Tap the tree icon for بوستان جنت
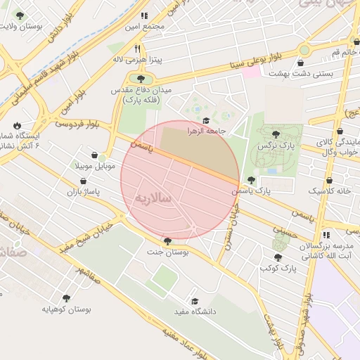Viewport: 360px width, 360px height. (x=167, y=240)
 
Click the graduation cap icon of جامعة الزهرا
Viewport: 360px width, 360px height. (x=207, y=120)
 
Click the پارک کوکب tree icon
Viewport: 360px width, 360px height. (x=278, y=257)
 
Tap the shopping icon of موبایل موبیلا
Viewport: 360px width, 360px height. (x=95, y=155)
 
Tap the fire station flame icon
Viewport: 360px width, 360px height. (x=17, y=124)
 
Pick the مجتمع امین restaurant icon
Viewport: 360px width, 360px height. (x=144, y=15)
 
